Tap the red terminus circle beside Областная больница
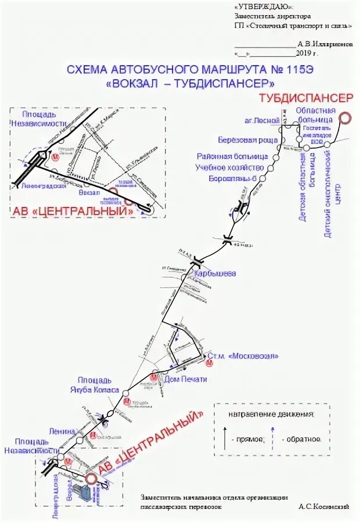[345, 118]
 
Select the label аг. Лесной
[258, 121]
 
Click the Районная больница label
[240, 157]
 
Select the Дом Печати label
[185, 379]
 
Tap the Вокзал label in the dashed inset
[89, 192]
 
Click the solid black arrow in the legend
[225, 437]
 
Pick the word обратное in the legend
[301, 439]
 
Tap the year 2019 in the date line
[304, 52]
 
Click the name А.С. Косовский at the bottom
[323, 507]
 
